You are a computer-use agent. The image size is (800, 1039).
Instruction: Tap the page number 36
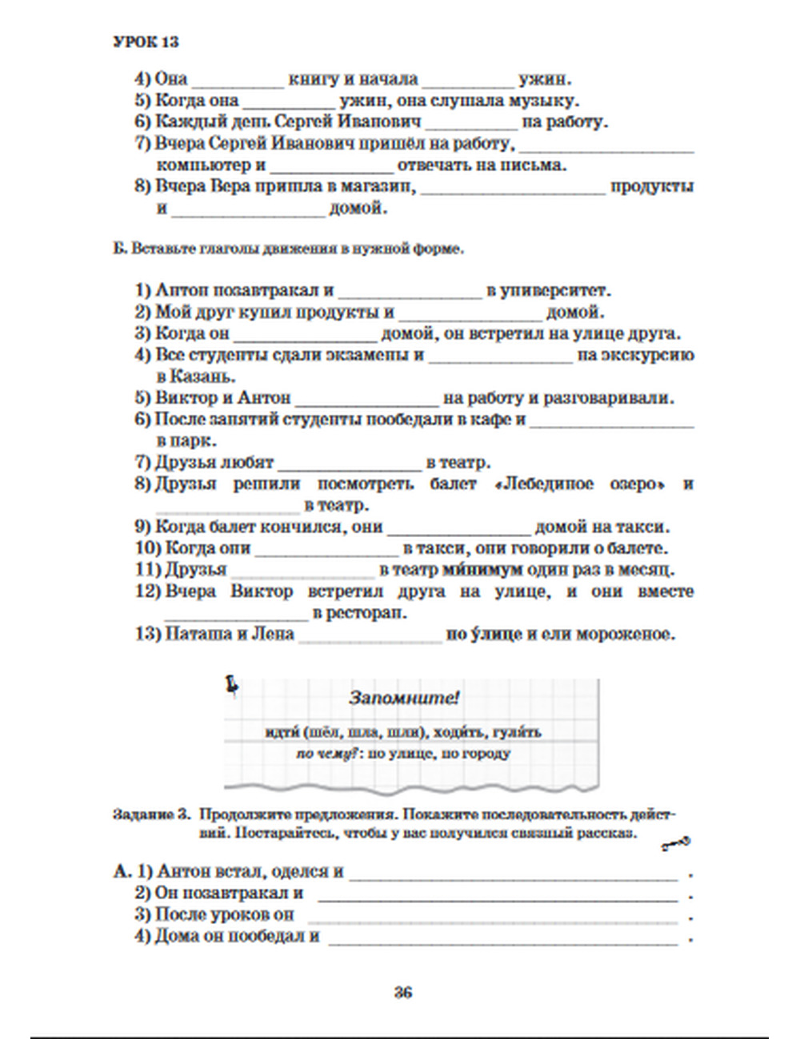[x=402, y=993]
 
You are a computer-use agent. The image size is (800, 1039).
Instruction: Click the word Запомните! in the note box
[x=404, y=698]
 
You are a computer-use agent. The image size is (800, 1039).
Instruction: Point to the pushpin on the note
[x=232, y=683]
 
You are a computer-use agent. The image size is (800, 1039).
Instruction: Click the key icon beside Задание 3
[x=676, y=842]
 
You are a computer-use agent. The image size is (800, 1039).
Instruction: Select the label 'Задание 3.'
[x=152, y=815]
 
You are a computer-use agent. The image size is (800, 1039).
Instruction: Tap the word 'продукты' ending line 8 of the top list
[x=652, y=187]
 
